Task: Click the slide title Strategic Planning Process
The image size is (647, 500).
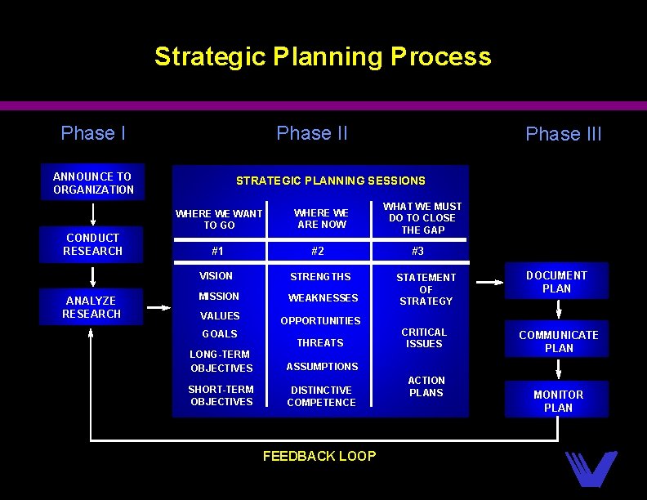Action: [x=323, y=56]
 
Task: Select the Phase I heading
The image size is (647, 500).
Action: [x=93, y=133]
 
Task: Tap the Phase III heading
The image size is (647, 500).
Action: [x=563, y=134]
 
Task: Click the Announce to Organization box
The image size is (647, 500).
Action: [x=93, y=183]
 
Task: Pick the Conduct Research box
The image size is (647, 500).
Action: [x=93, y=244]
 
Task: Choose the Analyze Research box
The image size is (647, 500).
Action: [x=92, y=307]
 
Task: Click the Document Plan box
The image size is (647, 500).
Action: [x=556, y=282]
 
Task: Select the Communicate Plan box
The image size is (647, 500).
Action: [x=558, y=341]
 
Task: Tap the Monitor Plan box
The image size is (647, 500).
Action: [x=558, y=400]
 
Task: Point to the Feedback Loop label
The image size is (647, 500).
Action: [x=319, y=456]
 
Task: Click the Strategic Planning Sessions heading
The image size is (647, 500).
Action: [x=330, y=181]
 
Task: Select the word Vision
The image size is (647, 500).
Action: [x=216, y=276]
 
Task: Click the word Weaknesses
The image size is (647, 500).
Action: [x=323, y=298]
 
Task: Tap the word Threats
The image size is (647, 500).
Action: [x=320, y=343]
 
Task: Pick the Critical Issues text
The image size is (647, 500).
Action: [x=424, y=338]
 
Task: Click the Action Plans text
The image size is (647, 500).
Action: [x=426, y=386]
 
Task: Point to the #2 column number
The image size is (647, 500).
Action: [x=317, y=252]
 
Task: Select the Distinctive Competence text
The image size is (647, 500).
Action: [x=321, y=396]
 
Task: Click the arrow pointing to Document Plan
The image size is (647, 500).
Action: [x=489, y=283]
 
